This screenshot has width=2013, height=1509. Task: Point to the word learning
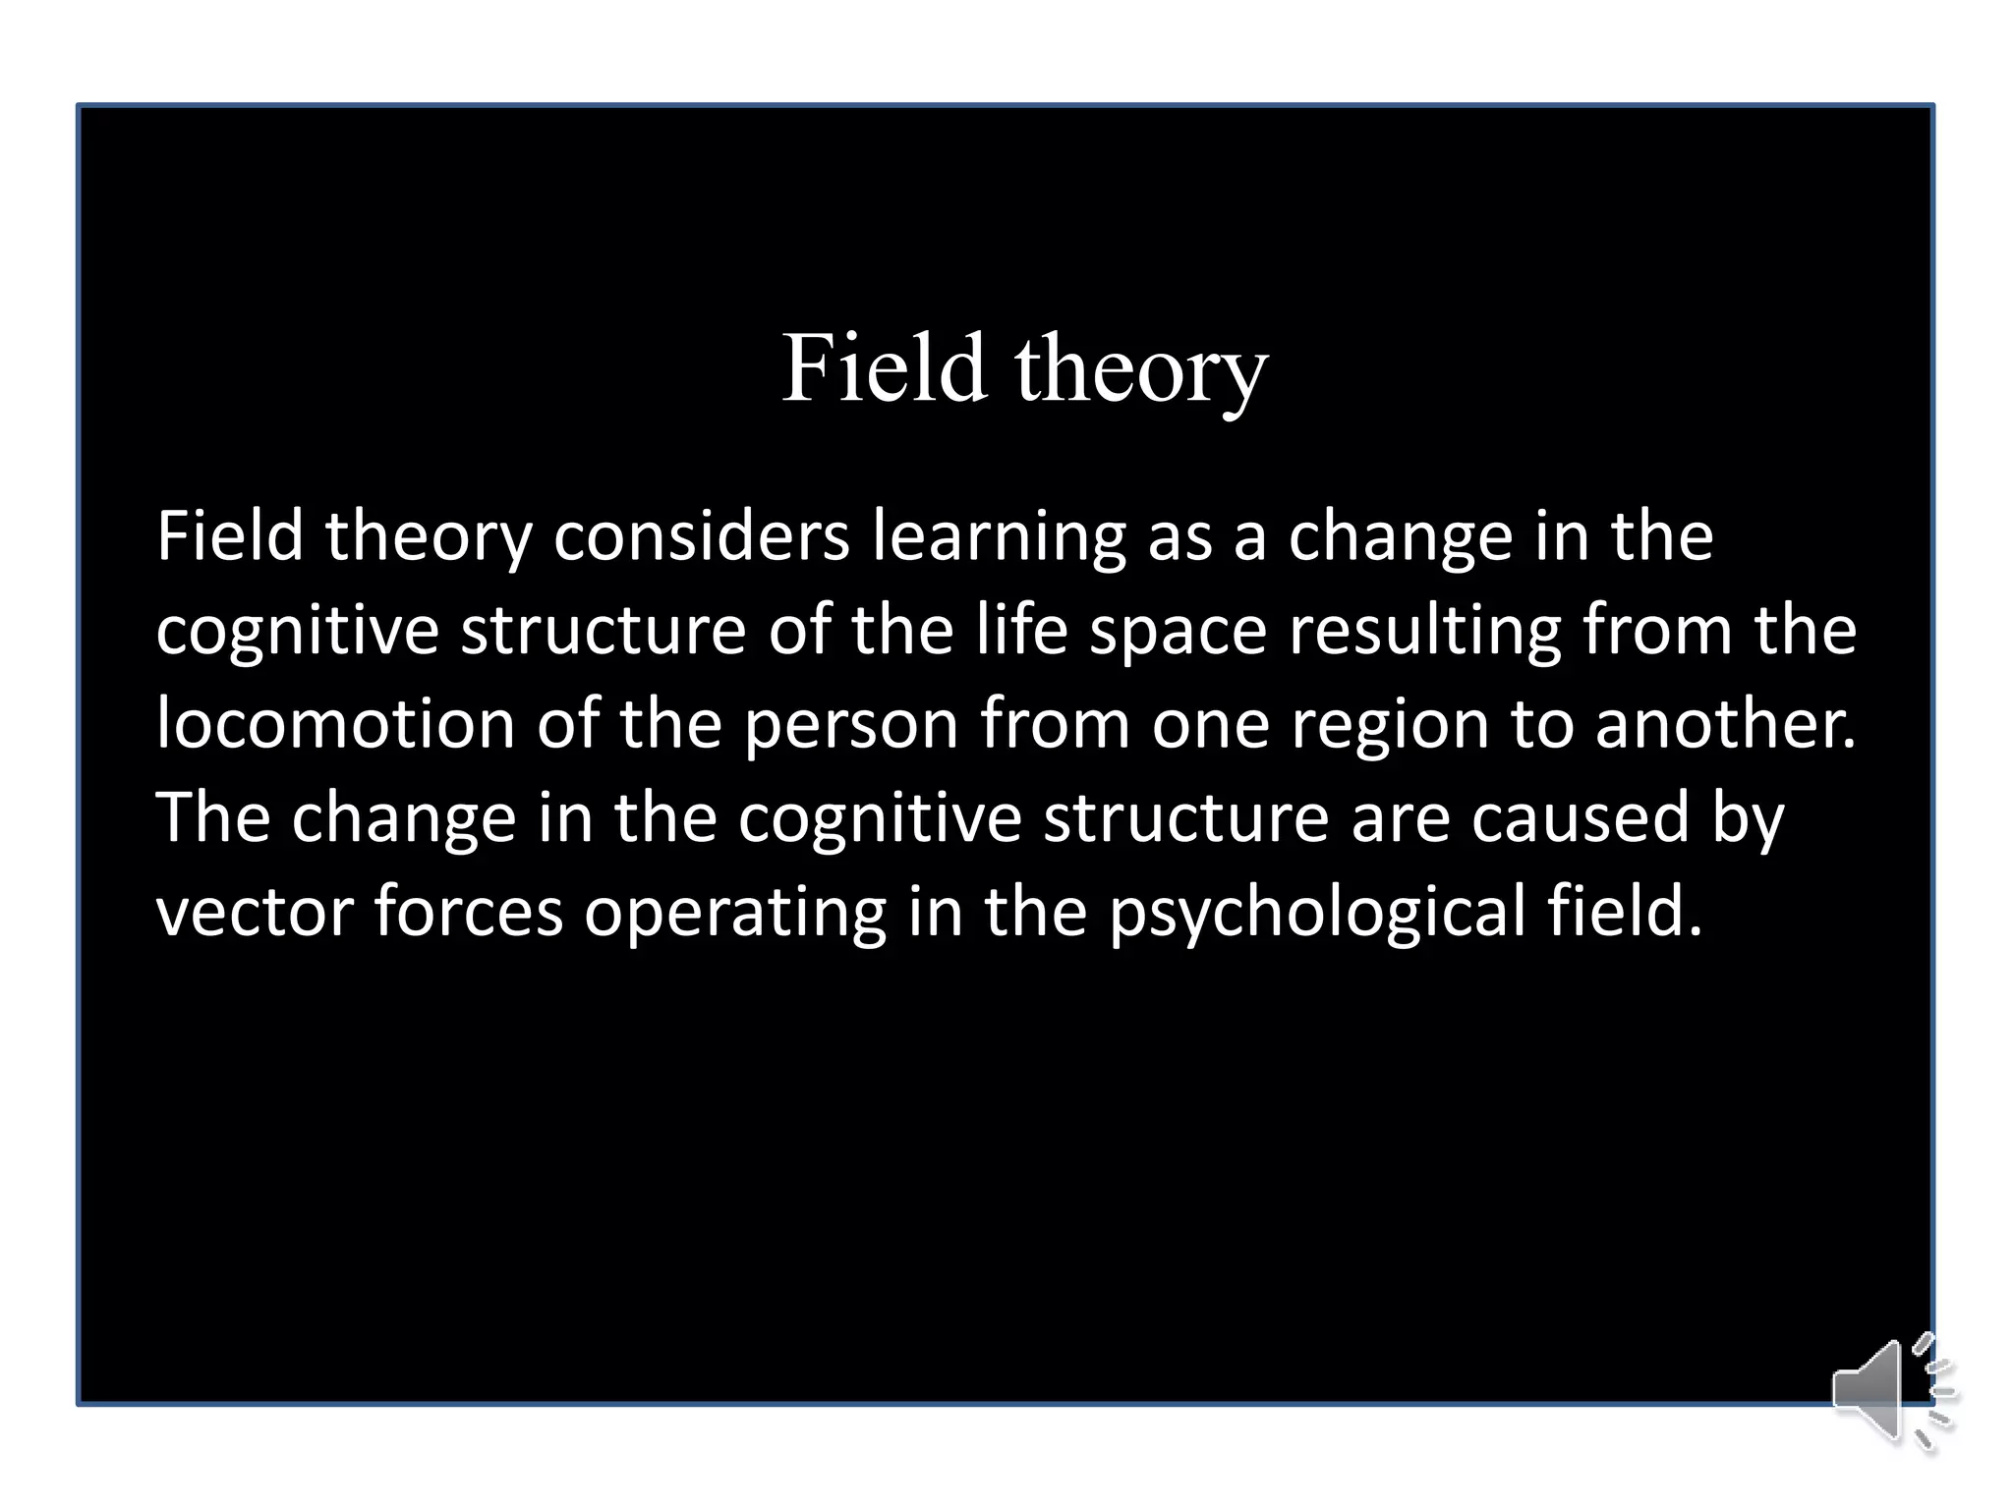tap(999, 538)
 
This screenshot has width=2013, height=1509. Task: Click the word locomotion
tap(335, 724)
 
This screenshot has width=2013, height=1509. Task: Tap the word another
tap(1725, 724)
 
